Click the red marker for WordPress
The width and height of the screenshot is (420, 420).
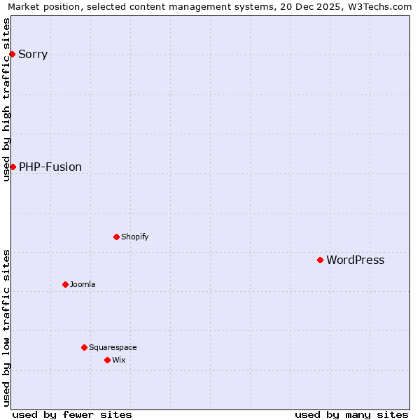pyautogui.click(x=320, y=260)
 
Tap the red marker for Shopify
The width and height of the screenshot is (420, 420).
pyautogui.click(x=116, y=237)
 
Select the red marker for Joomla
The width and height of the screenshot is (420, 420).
pyautogui.click(x=65, y=284)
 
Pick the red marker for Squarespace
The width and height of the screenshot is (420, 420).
pyautogui.click(x=84, y=347)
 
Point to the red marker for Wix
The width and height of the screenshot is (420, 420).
pyautogui.click(x=107, y=360)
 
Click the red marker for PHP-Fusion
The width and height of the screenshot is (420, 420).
pyautogui.click(x=13, y=167)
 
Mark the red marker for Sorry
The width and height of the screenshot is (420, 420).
pyautogui.click(x=12, y=54)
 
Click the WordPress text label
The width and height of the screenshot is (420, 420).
pyautogui.click(x=355, y=260)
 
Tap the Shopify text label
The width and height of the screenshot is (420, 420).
pyautogui.click(x=134, y=237)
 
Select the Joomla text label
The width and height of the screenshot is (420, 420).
pyautogui.click(x=83, y=284)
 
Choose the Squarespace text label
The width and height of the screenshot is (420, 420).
pyautogui.click(x=113, y=347)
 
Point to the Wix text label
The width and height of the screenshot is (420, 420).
pyautogui.click(x=118, y=360)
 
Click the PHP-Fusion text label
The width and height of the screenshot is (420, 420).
pyautogui.click(x=50, y=167)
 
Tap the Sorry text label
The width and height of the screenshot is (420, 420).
pyautogui.click(x=33, y=55)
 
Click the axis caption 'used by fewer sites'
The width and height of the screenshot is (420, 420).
pyautogui.click(x=72, y=414)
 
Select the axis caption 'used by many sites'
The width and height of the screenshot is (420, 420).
pyautogui.click(x=351, y=414)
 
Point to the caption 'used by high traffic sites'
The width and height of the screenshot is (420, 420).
pyautogui.click(x=6, y=99)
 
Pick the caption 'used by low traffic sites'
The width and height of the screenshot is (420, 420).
pyautogui.click(x=6, y=328)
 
